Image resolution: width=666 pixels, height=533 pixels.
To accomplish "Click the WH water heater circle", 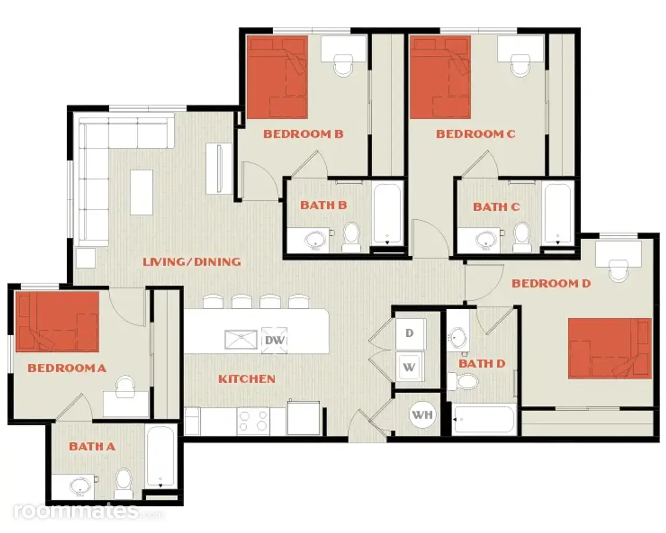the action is [422, 415].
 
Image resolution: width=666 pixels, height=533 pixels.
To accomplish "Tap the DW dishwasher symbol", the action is [274, 340].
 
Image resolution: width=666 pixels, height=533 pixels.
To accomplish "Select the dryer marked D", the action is [411, 334].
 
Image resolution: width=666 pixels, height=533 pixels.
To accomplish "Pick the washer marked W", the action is [410, 366].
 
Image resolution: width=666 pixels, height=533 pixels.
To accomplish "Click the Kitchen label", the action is [247, 379].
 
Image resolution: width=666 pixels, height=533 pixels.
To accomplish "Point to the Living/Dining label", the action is [191, 262].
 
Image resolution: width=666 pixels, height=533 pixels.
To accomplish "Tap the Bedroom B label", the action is [303, 134].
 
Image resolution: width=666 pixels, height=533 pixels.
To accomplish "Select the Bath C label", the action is [496, 207].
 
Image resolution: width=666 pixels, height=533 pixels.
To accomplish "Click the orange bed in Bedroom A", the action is [57, 322].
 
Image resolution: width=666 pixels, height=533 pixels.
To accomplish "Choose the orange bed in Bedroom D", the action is [610, 348].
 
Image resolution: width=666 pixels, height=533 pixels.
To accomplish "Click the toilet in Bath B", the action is [351, 237].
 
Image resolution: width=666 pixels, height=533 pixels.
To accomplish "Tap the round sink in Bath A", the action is [80, 487].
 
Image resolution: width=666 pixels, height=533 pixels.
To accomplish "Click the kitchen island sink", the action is [241, 340].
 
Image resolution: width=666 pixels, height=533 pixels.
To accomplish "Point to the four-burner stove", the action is [253, 421].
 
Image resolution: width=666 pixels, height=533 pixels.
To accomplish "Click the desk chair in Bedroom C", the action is [520, 65].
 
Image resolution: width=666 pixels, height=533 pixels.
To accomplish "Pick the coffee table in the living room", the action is [142, 192].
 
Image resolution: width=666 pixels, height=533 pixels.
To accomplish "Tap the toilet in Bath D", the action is [463, 382].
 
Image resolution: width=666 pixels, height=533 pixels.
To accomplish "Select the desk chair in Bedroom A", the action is [125, 387].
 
